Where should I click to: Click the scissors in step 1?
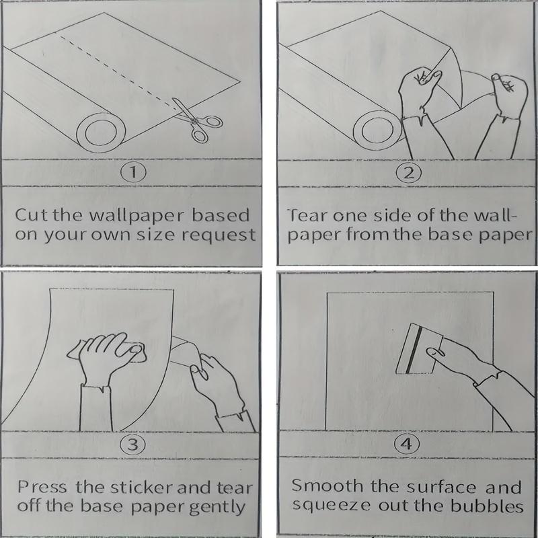[196, 120]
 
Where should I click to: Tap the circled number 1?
[133, 172]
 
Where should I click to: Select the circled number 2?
[408, 173]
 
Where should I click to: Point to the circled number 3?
[132, 445]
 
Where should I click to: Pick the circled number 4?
[407, 445]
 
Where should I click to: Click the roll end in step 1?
[101, 132]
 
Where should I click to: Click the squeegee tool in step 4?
[420, 348]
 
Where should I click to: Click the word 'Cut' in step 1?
[32, 215]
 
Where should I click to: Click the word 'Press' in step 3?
[42, 487]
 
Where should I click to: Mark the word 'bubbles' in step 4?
[487, 506]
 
